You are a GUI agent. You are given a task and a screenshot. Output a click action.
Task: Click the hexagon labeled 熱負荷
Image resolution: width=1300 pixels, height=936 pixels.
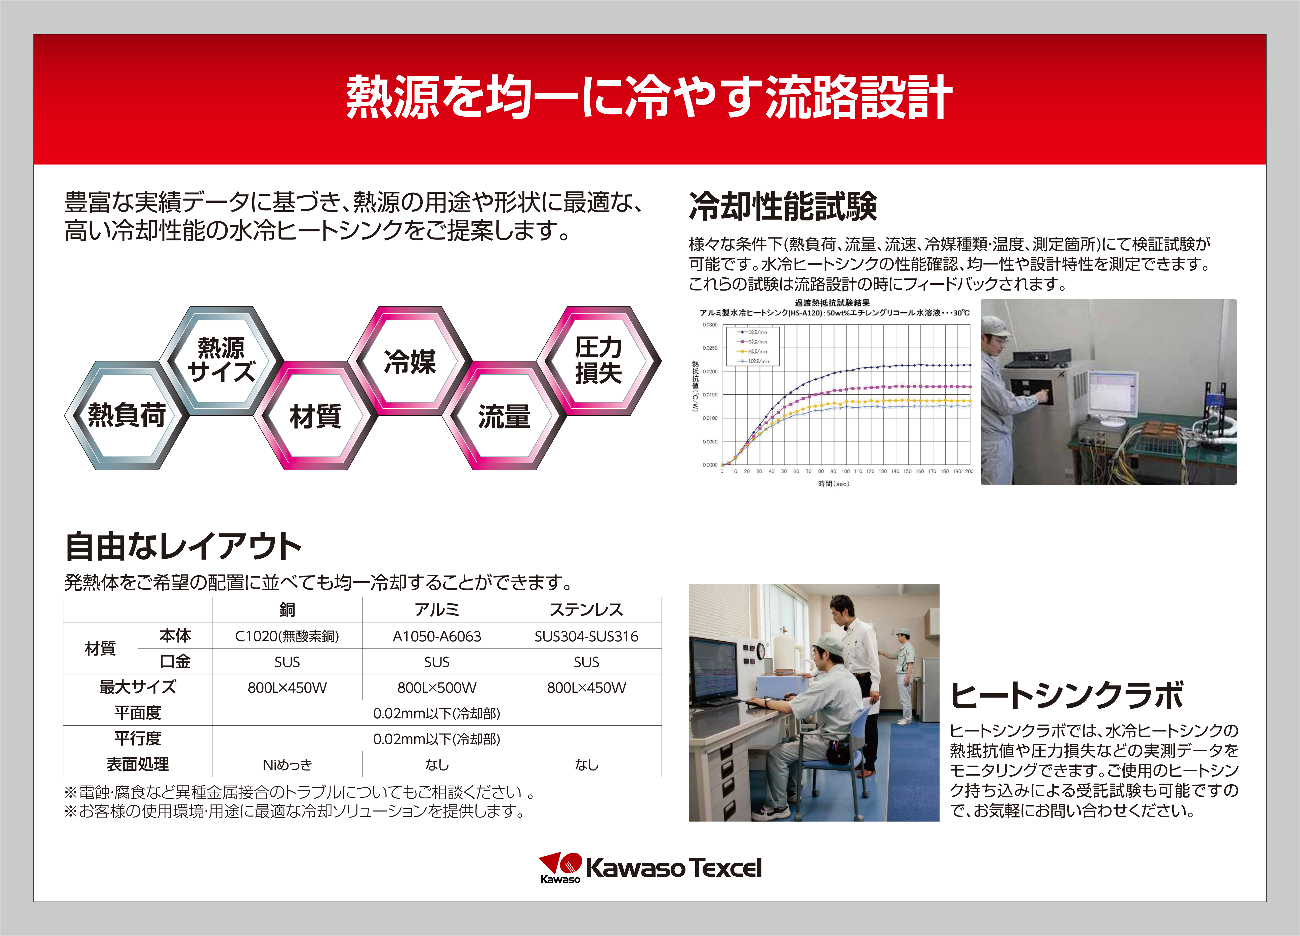pyautogui.click(x=127, y=415)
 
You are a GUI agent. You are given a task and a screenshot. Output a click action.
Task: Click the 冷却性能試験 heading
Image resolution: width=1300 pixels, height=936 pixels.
pyautogui.click(x=783, y=206)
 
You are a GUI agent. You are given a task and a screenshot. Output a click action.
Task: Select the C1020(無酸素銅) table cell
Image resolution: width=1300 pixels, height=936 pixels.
pyautogui.click(x=287, y=636)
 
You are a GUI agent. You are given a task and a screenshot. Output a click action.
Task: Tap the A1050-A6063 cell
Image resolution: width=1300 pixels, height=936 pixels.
pyautogui.click(x=437, y=636)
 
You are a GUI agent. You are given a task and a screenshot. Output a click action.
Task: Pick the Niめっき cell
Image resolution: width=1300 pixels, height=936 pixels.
pyautogui.click(x=287, y=765)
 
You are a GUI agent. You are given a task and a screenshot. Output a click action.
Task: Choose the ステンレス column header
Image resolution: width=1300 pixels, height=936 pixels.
pyautogui.click(x=586, y=610)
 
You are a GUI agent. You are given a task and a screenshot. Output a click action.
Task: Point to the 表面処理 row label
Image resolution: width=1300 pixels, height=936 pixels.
pyautogui.click(x=138, y=765)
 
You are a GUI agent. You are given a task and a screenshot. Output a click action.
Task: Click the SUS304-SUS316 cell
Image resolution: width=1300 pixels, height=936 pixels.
pyautogui.click(x=586, y=636)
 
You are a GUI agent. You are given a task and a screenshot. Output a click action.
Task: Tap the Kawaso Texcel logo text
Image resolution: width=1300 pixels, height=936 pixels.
pyautogui.click(x=674, y=868)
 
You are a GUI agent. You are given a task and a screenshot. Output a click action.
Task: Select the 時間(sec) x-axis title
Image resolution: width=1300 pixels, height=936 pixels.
pyautogui.click(x=833, y=484)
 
